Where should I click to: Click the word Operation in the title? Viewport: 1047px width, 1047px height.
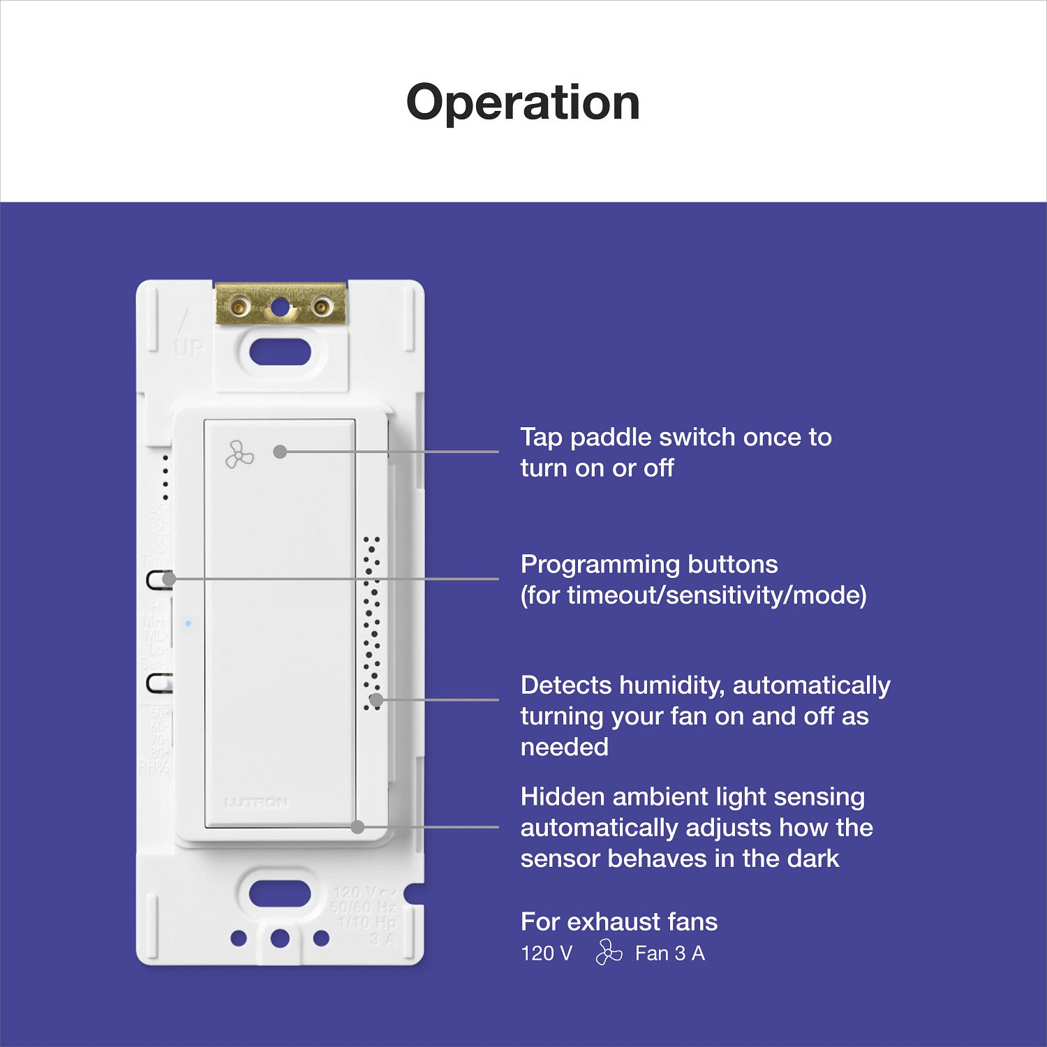coord(523,103)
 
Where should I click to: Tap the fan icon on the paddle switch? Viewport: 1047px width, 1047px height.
coord(239,455)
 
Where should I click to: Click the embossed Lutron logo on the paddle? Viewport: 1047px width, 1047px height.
coord(255,803)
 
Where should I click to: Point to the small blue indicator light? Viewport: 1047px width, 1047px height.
coord(188,623)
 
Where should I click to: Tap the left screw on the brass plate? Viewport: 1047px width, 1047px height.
coord(239,306)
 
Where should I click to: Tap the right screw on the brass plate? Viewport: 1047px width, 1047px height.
coord(322,306)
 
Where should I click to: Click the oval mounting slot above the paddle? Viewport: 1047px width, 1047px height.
coord(280,352)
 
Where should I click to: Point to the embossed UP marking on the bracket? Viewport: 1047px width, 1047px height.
coord(188,347)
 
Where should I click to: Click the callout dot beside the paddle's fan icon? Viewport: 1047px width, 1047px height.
coord(280,452)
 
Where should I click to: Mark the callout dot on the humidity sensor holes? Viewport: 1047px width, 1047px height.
coord(376,699)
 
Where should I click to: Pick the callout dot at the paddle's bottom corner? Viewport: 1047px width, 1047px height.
coord(357,827)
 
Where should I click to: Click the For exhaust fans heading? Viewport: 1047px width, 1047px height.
coord(618,922)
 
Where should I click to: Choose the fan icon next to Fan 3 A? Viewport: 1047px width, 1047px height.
coord(609,953)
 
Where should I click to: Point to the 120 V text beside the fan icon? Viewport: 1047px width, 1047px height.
coord(547,953)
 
